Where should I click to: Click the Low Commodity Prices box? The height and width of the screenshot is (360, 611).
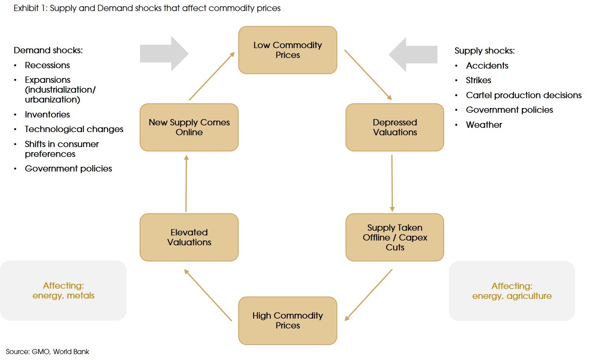[288, 50]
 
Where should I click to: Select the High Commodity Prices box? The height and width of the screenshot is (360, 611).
[288, 321]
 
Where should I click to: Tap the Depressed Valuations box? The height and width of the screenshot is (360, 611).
[394, 127]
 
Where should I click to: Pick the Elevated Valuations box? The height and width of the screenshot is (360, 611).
[189, 237]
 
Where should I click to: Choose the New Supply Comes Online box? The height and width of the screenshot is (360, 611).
[189, 127]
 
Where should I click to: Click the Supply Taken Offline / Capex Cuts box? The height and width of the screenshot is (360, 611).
[394, 237]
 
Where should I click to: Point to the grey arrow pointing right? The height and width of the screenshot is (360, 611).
[164, 54]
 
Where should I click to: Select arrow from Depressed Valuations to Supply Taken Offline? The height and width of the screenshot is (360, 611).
[392, 183]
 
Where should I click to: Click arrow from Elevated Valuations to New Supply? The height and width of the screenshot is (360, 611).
[186, 183]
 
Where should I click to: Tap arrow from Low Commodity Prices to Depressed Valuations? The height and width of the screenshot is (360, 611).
[368, 75]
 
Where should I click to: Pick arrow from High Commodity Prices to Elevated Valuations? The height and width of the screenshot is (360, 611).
[208, 295]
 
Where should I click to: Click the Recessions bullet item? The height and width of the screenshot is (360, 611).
[47, 65]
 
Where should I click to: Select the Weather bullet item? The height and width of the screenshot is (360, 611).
[484, 125]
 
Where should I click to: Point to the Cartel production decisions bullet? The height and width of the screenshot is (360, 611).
[523, 95]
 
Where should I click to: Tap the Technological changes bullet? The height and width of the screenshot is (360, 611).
[74, 129]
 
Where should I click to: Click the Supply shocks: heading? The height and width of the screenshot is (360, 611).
[484, 50]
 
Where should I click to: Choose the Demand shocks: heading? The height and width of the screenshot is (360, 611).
[48, 50]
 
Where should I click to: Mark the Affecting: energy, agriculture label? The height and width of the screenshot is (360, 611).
[512, 291]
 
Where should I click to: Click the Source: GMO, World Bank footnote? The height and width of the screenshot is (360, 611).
[47, 351]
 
